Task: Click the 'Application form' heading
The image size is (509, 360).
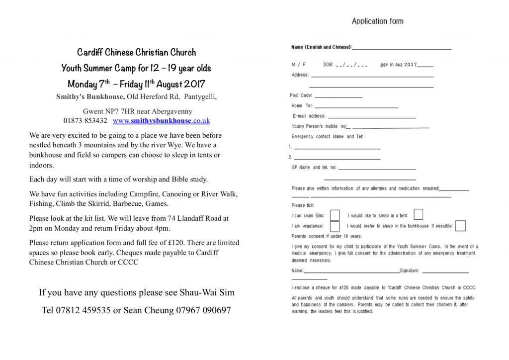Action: point(377,21)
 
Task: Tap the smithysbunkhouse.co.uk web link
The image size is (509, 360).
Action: point(161,121)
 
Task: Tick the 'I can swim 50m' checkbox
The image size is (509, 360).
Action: point(335,215)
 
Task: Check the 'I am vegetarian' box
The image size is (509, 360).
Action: point(335,226)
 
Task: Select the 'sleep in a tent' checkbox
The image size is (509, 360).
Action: point(418,214)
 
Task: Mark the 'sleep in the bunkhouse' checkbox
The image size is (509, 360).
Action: point(460,226)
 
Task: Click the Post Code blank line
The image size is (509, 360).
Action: point(338,96)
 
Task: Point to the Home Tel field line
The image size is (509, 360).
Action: point(356,107)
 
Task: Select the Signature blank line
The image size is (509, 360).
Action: point(445,272)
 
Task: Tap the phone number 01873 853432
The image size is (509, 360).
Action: point(85,121)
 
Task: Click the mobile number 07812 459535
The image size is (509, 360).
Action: point(84,310)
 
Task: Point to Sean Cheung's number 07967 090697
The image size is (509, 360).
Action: point(203,310)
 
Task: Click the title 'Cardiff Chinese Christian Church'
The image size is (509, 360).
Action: point(136,52)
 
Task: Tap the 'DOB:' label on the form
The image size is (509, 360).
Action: point(328,65)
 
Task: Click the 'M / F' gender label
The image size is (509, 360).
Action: point(298,65)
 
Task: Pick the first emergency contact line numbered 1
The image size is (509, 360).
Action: point(337,148)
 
